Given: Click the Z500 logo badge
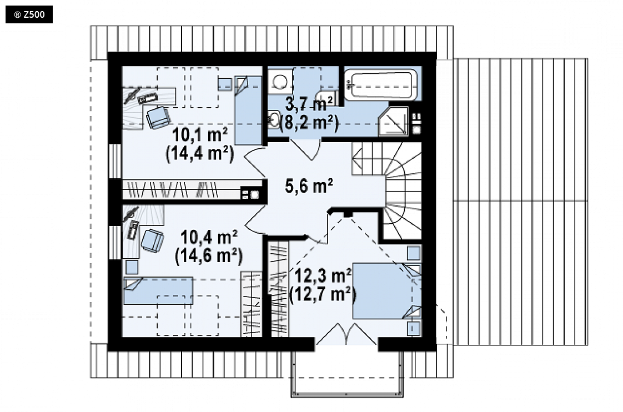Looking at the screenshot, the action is (29, 14).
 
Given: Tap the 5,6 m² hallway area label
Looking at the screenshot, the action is (309, 185).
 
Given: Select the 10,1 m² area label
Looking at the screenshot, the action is (200, 135).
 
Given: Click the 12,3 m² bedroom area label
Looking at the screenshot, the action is (323, 275).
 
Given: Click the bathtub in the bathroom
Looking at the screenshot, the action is (381, 84).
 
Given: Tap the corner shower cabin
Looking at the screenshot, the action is (393, 121).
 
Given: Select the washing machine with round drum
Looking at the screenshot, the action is (280, 81).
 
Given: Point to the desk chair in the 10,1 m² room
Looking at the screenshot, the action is (159, 117).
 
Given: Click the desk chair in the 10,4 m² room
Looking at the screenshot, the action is (152, 240).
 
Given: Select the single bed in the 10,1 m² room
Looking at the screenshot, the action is (248, 110).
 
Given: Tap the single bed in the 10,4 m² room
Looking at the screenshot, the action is (158, 291).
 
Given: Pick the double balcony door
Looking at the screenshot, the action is (346, 334).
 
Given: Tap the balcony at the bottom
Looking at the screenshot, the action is (347, 374).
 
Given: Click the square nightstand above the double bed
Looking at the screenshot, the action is (414, 253).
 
